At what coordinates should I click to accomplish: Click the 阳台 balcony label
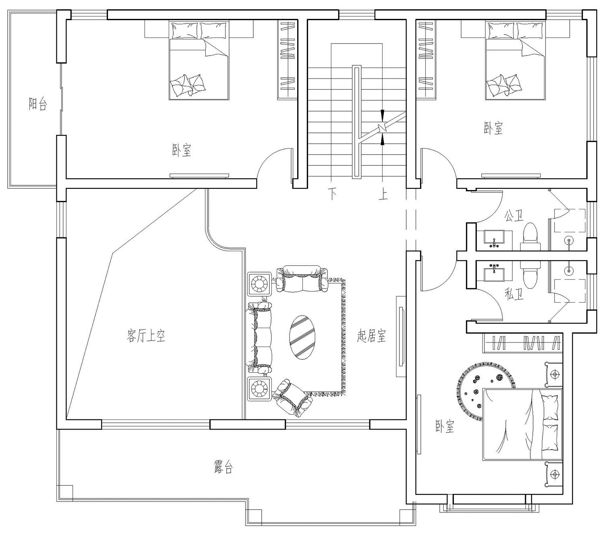click(38, 104)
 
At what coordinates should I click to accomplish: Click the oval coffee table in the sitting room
click(302, 337)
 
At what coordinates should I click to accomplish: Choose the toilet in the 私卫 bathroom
click(530, 274)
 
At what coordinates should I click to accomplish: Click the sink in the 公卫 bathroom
click(494, 240)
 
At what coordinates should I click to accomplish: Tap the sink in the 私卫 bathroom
click(494, 272)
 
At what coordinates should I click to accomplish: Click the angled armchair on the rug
click(292, 398)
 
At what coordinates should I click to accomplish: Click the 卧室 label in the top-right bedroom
click(493, 128)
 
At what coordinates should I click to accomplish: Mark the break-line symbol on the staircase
click(383, 127)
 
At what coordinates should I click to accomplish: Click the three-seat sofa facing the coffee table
click(259, 337)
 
